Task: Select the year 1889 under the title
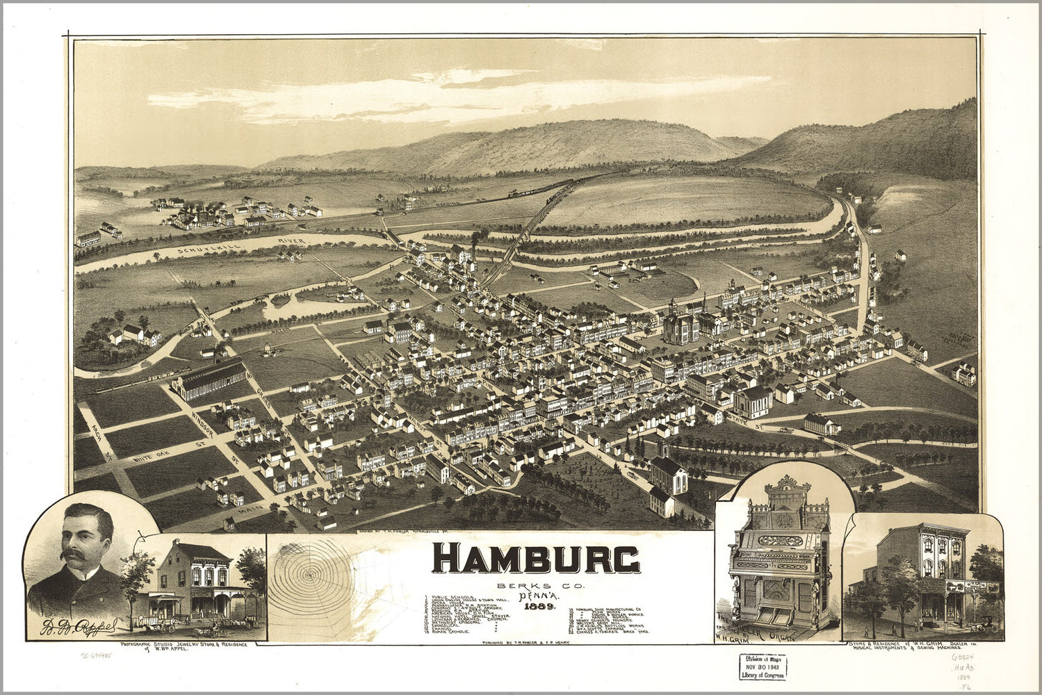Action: point(535,607)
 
